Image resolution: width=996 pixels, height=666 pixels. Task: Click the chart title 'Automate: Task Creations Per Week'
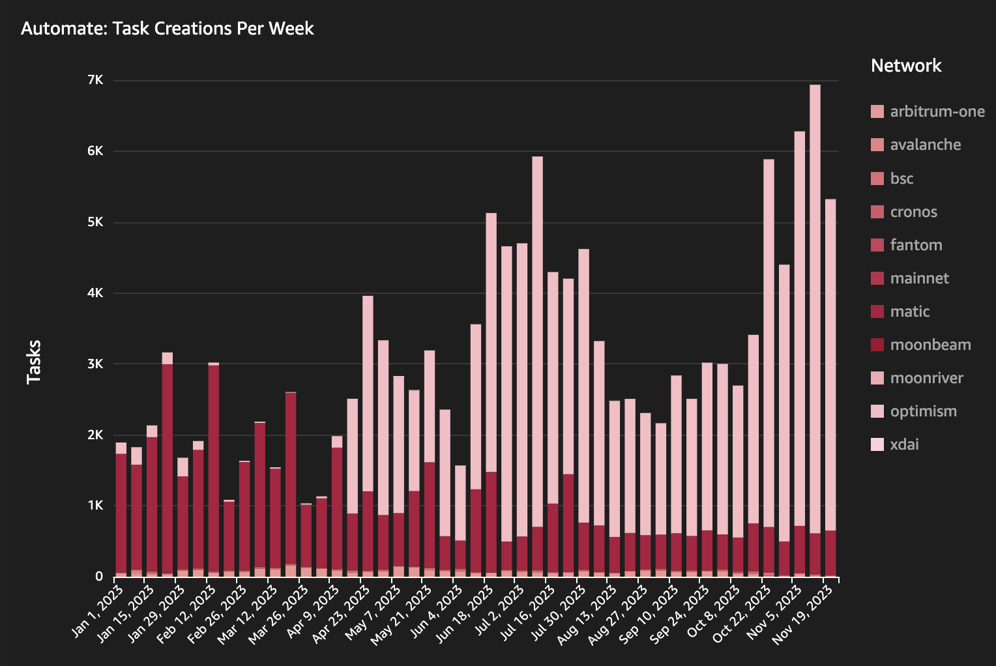168,29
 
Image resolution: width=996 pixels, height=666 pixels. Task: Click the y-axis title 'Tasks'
33,362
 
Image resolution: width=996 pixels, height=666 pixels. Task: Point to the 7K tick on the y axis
95,80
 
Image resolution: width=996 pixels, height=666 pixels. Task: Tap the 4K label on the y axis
95,293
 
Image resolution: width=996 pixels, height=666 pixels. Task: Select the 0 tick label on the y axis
99,577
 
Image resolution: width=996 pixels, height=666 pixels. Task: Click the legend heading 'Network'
906,66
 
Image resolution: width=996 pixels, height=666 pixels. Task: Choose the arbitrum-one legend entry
937,111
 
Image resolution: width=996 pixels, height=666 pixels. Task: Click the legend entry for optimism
923,411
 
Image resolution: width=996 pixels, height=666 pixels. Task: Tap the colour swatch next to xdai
877,444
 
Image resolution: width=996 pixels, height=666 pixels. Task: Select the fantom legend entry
916,245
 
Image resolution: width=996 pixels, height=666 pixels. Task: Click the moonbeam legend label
930,345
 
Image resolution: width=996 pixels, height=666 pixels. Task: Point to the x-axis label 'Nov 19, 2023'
804,615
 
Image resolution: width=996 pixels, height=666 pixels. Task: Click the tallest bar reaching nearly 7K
815,326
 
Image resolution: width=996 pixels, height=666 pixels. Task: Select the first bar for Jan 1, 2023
121,515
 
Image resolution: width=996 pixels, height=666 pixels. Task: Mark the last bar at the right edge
830,391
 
